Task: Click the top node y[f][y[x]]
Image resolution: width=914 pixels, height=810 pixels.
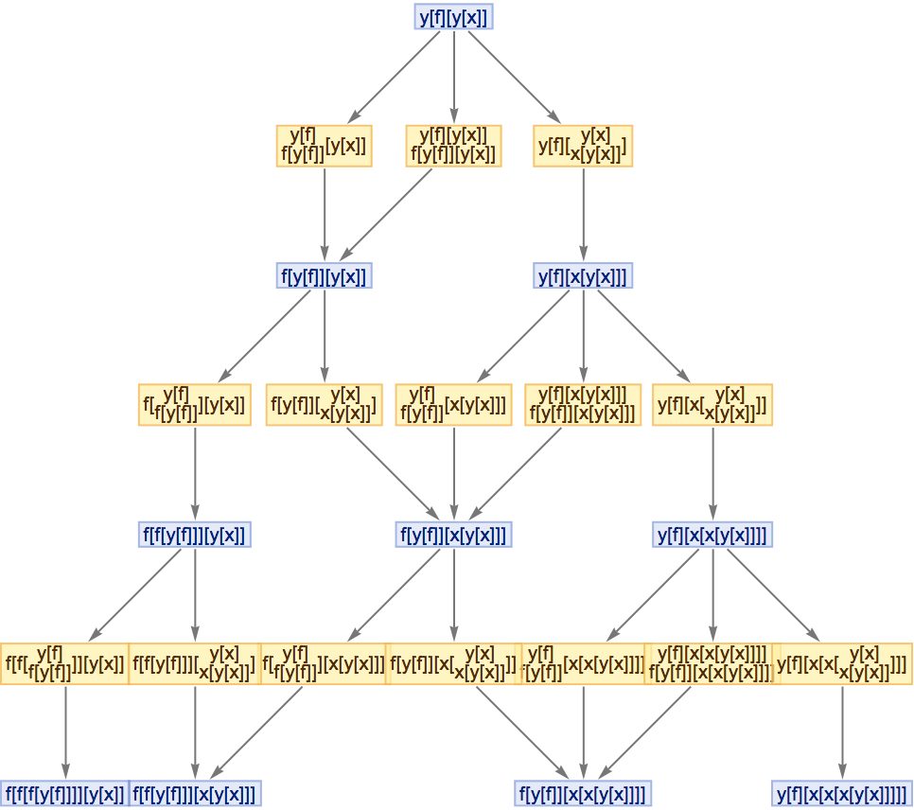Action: (x=453, y=16)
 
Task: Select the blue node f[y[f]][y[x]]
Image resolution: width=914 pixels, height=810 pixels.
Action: (x=325, y=275)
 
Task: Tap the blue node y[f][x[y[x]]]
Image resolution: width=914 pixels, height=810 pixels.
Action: (x=583, y=275)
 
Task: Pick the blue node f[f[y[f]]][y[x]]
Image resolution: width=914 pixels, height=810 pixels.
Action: (x=195, y=535)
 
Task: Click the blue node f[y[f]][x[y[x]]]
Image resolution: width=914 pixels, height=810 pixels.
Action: (x=453, y=535)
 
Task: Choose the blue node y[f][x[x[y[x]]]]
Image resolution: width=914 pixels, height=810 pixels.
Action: (x=712, y=535)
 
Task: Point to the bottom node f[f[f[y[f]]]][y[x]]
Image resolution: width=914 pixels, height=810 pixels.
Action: (x=64, y=793)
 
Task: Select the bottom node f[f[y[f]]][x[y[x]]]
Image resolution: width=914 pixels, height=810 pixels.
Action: (x=195, y=793)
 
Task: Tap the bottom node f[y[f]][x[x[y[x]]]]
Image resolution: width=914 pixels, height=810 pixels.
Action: (x=583, y=793)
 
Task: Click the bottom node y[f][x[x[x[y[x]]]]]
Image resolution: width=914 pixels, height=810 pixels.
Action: (x=842, y=793)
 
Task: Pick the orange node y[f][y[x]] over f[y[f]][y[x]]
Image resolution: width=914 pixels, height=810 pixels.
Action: (x=453, y=146)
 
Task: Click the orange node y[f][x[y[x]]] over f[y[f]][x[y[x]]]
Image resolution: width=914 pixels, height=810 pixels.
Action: (x=583, y=405)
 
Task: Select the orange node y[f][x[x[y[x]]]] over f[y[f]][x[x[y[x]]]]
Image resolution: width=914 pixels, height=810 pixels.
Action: (x=712, y=663)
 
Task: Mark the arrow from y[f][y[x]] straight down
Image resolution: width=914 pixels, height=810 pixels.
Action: (x=453, y=76)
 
